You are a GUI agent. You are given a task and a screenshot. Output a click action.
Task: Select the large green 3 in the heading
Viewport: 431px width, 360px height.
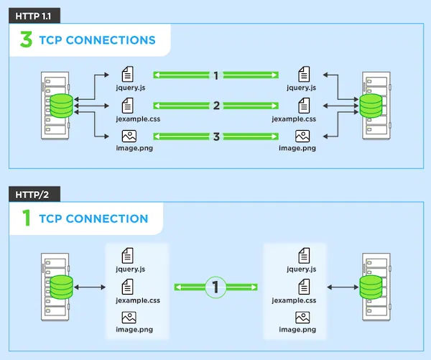point(26,40)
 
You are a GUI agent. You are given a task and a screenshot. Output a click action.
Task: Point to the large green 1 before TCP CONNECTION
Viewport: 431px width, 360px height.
point(27,218)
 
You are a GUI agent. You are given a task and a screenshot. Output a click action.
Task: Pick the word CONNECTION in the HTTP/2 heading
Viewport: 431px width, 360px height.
point(110,218)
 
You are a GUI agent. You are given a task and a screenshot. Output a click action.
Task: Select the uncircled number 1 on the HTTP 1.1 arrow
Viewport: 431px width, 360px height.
point(215,75)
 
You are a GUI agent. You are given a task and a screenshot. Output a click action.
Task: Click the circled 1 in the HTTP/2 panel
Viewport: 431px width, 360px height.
point(215,287)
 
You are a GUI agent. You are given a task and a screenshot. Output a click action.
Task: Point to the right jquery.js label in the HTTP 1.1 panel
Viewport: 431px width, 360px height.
point(302,88)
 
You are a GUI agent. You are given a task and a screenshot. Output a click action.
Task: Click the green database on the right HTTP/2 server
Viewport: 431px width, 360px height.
point(370,287)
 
